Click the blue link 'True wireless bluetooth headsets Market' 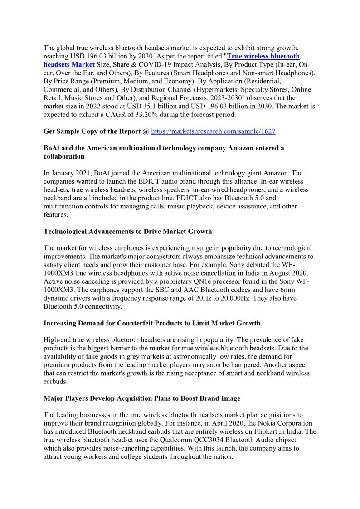[263, 57]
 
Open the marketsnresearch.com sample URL [213, 131]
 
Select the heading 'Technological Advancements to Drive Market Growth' [127, 232]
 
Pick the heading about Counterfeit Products [152, 323]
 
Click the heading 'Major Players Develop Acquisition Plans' [142, 398]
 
